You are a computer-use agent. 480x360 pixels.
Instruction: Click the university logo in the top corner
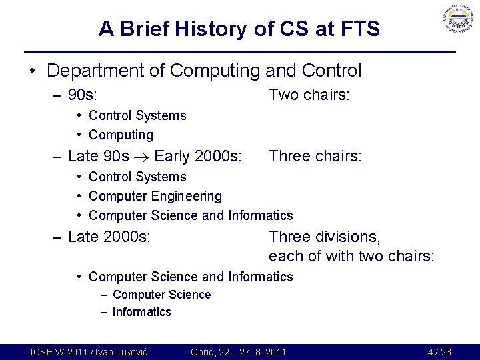coord(457,22)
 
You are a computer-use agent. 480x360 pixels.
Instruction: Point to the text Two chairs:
coord(309,95)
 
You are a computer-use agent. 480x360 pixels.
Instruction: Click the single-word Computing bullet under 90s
coord(121,135)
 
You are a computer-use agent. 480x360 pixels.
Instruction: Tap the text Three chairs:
coord(315,157)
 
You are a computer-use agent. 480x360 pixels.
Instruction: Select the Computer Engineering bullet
coord(155,196)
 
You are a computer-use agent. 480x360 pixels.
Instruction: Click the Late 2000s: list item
coord(109,237)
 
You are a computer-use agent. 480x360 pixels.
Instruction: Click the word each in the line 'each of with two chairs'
coord(285,256)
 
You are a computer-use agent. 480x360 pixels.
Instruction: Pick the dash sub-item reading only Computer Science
coord(161,295)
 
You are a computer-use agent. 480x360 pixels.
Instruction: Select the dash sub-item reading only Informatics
coord(141,312)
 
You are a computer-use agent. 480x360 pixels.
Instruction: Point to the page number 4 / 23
coord(439,352)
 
